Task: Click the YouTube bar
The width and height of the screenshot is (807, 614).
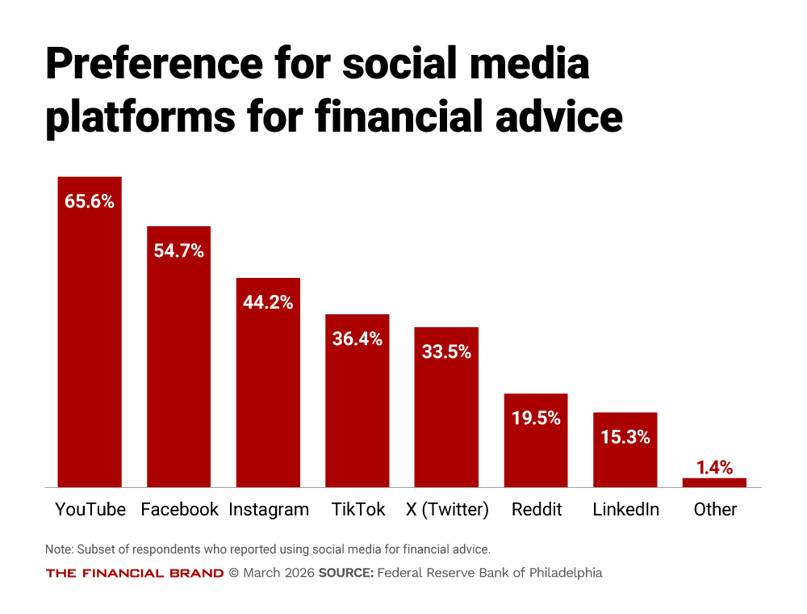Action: point(89,339)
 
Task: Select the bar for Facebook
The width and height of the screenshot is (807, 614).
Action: point(178,364)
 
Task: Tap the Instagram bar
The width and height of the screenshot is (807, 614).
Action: point(268,388)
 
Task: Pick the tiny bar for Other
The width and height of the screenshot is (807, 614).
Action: point(714,482)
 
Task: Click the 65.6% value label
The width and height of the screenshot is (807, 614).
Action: point(90,201)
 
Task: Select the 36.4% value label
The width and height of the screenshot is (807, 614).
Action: point(358,339)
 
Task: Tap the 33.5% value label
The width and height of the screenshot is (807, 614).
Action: point(446,351)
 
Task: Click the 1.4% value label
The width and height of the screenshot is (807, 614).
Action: point(714,467)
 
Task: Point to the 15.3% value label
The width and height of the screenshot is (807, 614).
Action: point(625,437)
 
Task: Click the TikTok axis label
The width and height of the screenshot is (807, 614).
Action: point(358,510)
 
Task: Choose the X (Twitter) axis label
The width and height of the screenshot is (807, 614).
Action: point(447,510)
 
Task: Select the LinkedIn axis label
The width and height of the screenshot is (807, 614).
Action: point(625,510)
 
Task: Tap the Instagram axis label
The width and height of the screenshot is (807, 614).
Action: point(269,510)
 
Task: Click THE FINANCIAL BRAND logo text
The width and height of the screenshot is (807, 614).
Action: point(135,573)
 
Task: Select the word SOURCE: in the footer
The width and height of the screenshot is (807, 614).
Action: point(346,573)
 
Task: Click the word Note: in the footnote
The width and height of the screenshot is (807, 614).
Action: point(59,549)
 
